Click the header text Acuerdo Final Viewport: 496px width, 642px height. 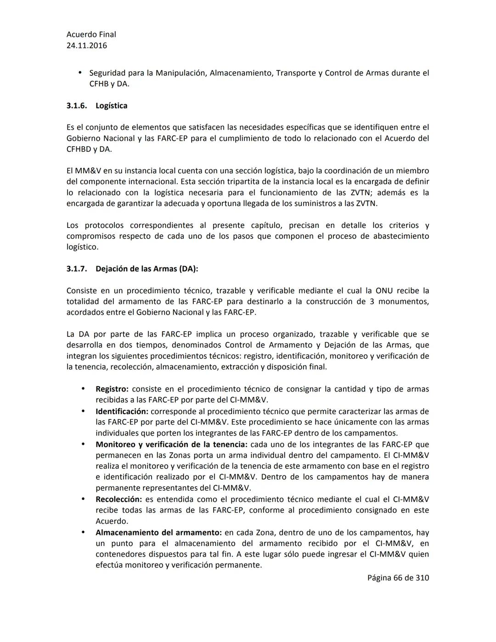91,34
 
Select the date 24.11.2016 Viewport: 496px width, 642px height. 87,45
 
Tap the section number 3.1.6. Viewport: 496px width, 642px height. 76,106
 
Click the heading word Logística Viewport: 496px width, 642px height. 112,106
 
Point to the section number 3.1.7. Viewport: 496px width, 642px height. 76,269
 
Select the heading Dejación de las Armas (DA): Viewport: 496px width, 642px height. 147,269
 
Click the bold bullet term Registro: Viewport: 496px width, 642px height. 112,389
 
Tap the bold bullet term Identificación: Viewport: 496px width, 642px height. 122,411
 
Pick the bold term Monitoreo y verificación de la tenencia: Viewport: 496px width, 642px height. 171,444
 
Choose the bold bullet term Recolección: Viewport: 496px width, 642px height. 118,499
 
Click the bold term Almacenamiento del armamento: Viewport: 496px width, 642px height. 158,533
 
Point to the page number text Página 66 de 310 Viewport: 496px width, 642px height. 398,578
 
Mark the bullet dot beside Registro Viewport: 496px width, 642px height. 83,389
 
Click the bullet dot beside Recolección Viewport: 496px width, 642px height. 83,499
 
